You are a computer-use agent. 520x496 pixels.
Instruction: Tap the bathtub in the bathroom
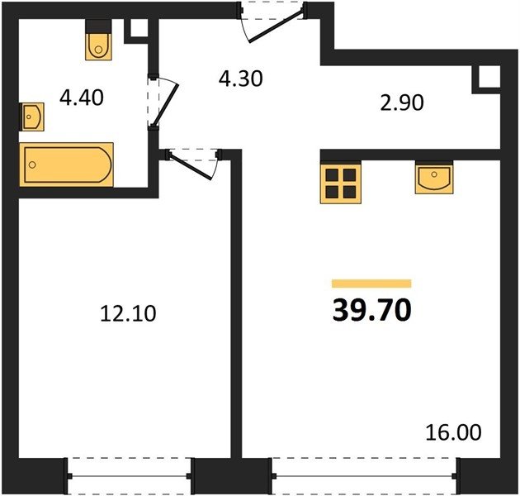(x=66, y=165)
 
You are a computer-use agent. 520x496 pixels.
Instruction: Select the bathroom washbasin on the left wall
(x=32, y=117)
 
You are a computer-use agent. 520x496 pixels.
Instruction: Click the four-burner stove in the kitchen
(x=341, y=183)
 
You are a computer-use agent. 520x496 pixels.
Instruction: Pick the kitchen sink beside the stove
(x=434, y=178)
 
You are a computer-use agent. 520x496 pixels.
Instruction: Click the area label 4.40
(x=82, y=98)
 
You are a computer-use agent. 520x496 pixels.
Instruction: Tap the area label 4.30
(x=241, y=79)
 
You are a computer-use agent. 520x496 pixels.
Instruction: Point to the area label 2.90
(x=402, y=103)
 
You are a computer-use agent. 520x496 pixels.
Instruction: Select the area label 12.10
(x=128, y=313)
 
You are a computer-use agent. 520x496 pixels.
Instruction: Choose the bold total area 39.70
(x=371, y=310)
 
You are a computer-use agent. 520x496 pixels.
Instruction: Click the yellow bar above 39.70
(x=371, y=284)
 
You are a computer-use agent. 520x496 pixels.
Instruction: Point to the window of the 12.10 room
(x=130, y=476)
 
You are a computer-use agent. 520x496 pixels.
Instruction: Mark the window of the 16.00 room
(x=364, y=476)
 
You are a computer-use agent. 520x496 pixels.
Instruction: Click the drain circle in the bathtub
(x=32, y=165)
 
